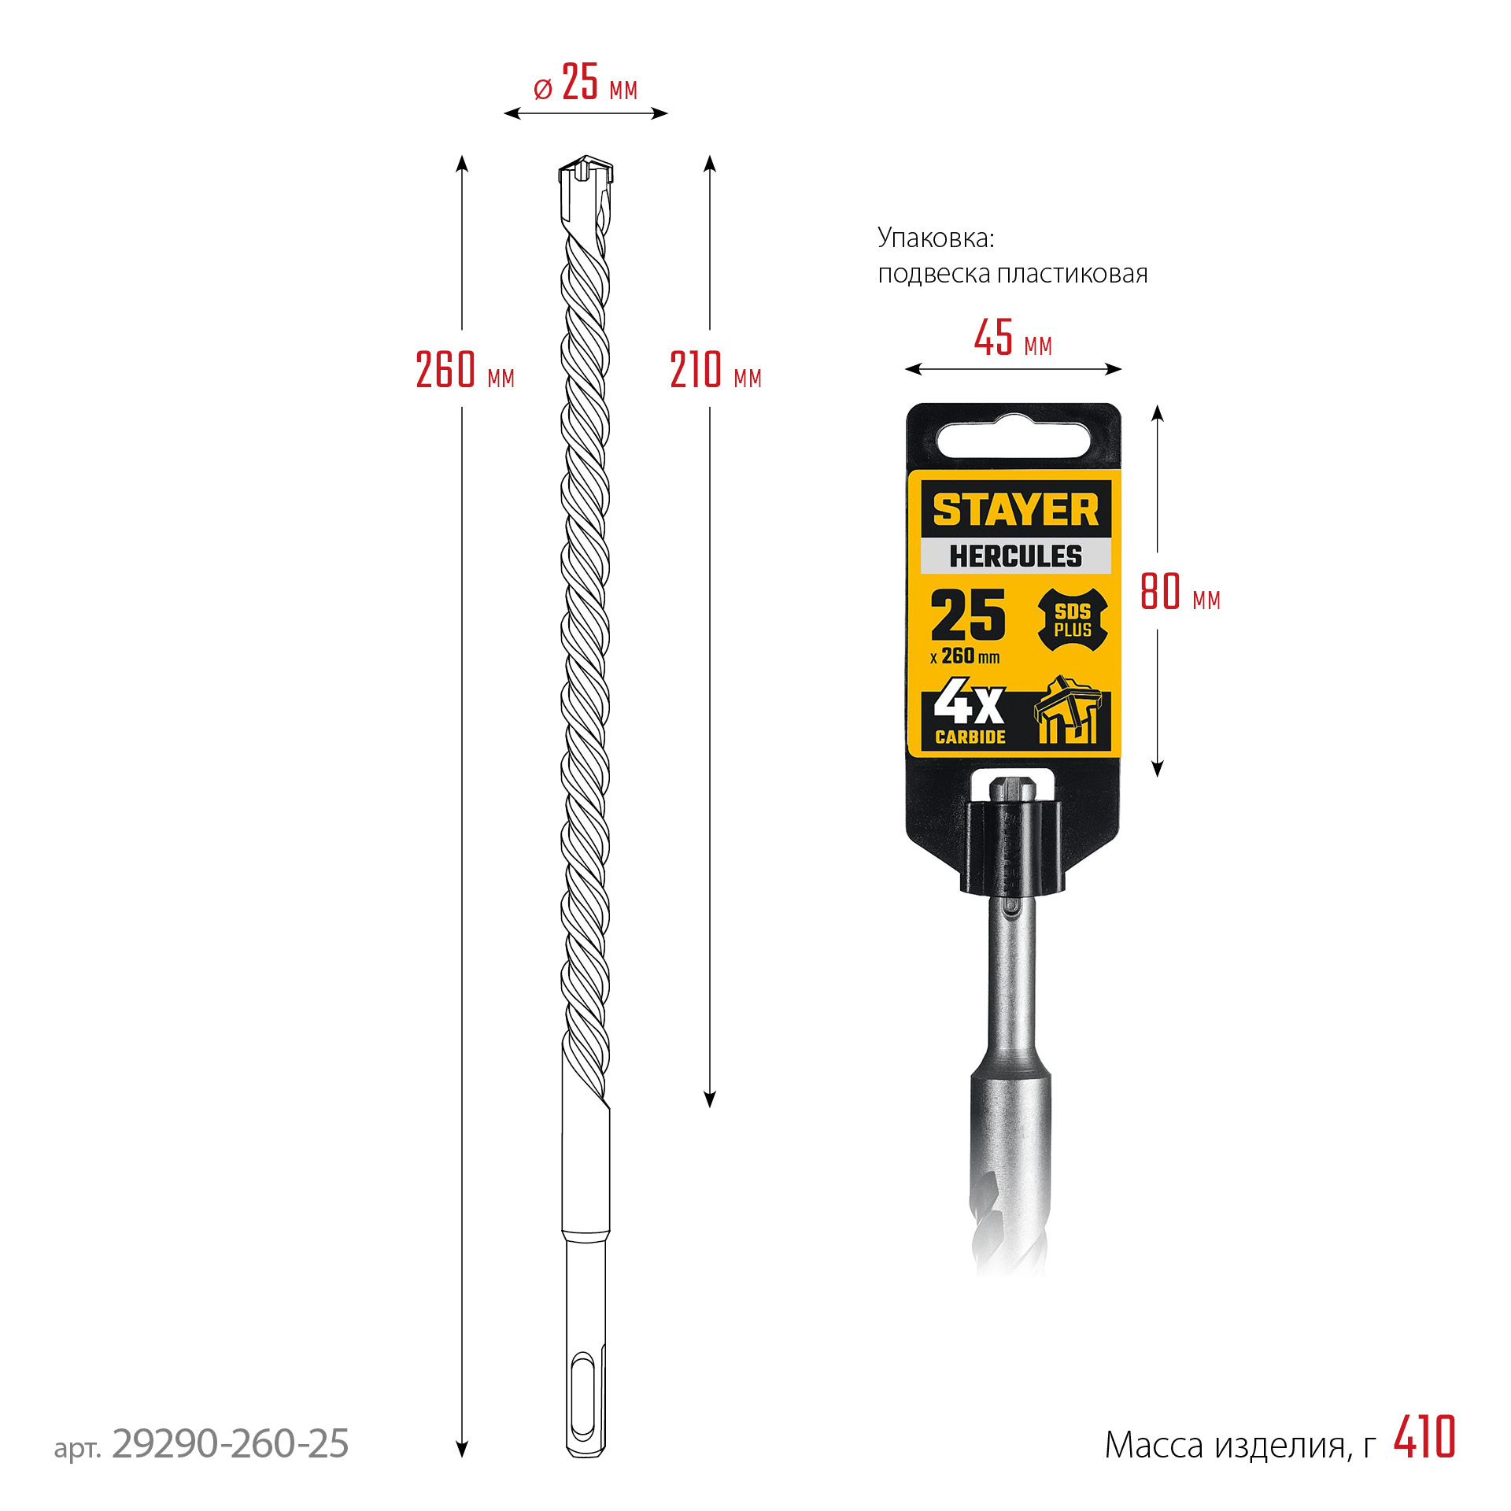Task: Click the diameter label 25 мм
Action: click(x=586, y=83)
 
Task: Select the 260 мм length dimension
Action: click(x=464, y=370)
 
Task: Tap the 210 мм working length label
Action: click(x=715, y=370)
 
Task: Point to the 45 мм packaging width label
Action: click(x=1013, y=339)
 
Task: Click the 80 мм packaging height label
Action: click(x=1180, y=592)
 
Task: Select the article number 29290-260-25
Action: click(x=230, y=1443)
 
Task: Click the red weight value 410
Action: click(x=1424, y=1438)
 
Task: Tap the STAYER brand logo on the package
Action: click(x=1015, y=510)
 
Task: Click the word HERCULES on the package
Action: click(x=1015, y=556)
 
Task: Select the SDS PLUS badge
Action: click(x=1073, y=621)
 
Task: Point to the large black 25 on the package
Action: click(x=968, y=615)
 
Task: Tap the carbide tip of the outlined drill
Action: click(x=586, y=169)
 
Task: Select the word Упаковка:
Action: click(x=936, y=238)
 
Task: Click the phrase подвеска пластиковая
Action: click(x=1013, y=274)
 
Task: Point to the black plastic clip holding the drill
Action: click(x=1011, y=848)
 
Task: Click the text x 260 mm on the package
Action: click(x=965, y=656)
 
